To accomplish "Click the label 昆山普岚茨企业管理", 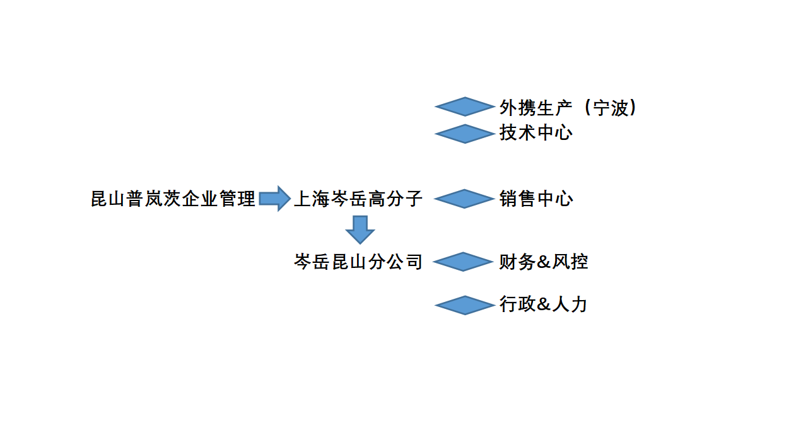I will pos(173,199).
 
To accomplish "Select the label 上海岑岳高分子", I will pos(358,199).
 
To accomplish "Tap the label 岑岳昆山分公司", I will pos(358,262).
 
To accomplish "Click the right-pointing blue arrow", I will pos(274,199).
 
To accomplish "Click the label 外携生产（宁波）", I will pos(568,108).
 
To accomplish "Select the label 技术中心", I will pos(536,133).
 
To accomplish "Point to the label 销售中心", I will pos(536,199).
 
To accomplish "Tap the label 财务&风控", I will pos(544,262).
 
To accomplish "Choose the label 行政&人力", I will pos(544,305).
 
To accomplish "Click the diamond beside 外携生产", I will pos(464,107).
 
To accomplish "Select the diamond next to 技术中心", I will pos(464,134).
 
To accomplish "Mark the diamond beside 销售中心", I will pos(464,199).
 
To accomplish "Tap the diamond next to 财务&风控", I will pos(464,262).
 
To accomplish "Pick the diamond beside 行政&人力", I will pos(464,305).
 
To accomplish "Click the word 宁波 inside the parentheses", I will pos(611,108).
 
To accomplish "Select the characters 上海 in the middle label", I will pos(312,199).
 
